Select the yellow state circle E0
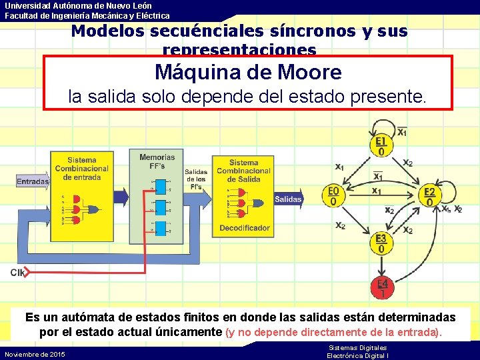pos(333,196)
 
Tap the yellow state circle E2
pos(430,196)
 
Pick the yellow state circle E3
pos(381,243)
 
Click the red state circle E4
pos(382,287)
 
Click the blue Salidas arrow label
pos(288,199)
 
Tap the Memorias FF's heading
pos(157,161)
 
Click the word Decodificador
pos(245,228)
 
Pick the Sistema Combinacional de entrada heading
pos(81,169)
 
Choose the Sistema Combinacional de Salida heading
pos(243,171)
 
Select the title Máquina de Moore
pos(248,72)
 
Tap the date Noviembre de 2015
pos(35,354)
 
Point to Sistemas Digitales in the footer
pos(357,348)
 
